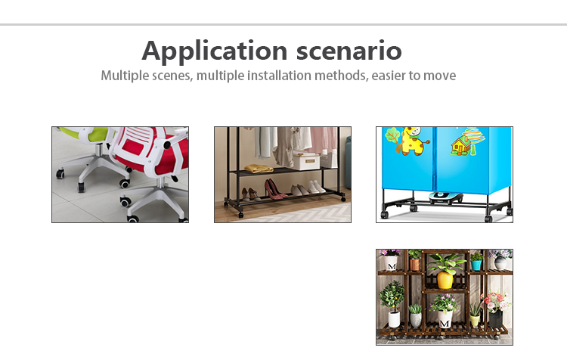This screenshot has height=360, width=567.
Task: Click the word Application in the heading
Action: point(215,51)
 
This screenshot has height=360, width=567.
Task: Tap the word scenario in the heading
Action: point(349,50)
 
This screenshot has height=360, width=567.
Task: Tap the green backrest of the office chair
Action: point(91,133)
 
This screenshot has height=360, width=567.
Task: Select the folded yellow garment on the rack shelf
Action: point(259,168)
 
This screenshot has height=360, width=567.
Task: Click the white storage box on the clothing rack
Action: point(306,161)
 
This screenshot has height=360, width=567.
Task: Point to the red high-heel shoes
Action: point(275,189)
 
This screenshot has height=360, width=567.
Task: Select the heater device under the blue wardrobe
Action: point(446,197)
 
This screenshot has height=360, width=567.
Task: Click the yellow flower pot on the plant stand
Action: point(445,280)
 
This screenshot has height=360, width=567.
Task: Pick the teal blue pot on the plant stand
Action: point(476,265)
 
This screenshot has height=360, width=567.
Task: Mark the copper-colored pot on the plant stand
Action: point(415,265)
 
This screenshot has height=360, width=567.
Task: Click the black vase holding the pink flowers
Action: point(495,319)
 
